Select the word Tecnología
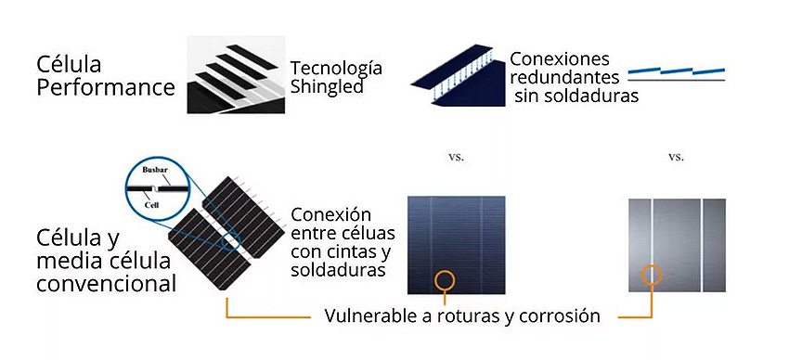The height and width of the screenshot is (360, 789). pos(336,69)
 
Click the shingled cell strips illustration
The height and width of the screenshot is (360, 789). pos(233,76)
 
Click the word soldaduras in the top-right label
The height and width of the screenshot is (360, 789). pos(588,95)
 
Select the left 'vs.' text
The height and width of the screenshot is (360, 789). pos(456,158)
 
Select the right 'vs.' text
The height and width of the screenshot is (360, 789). pos(676,158)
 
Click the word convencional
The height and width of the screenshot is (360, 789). pos(106,282)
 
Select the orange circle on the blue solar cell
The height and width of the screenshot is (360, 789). pos(445,277)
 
